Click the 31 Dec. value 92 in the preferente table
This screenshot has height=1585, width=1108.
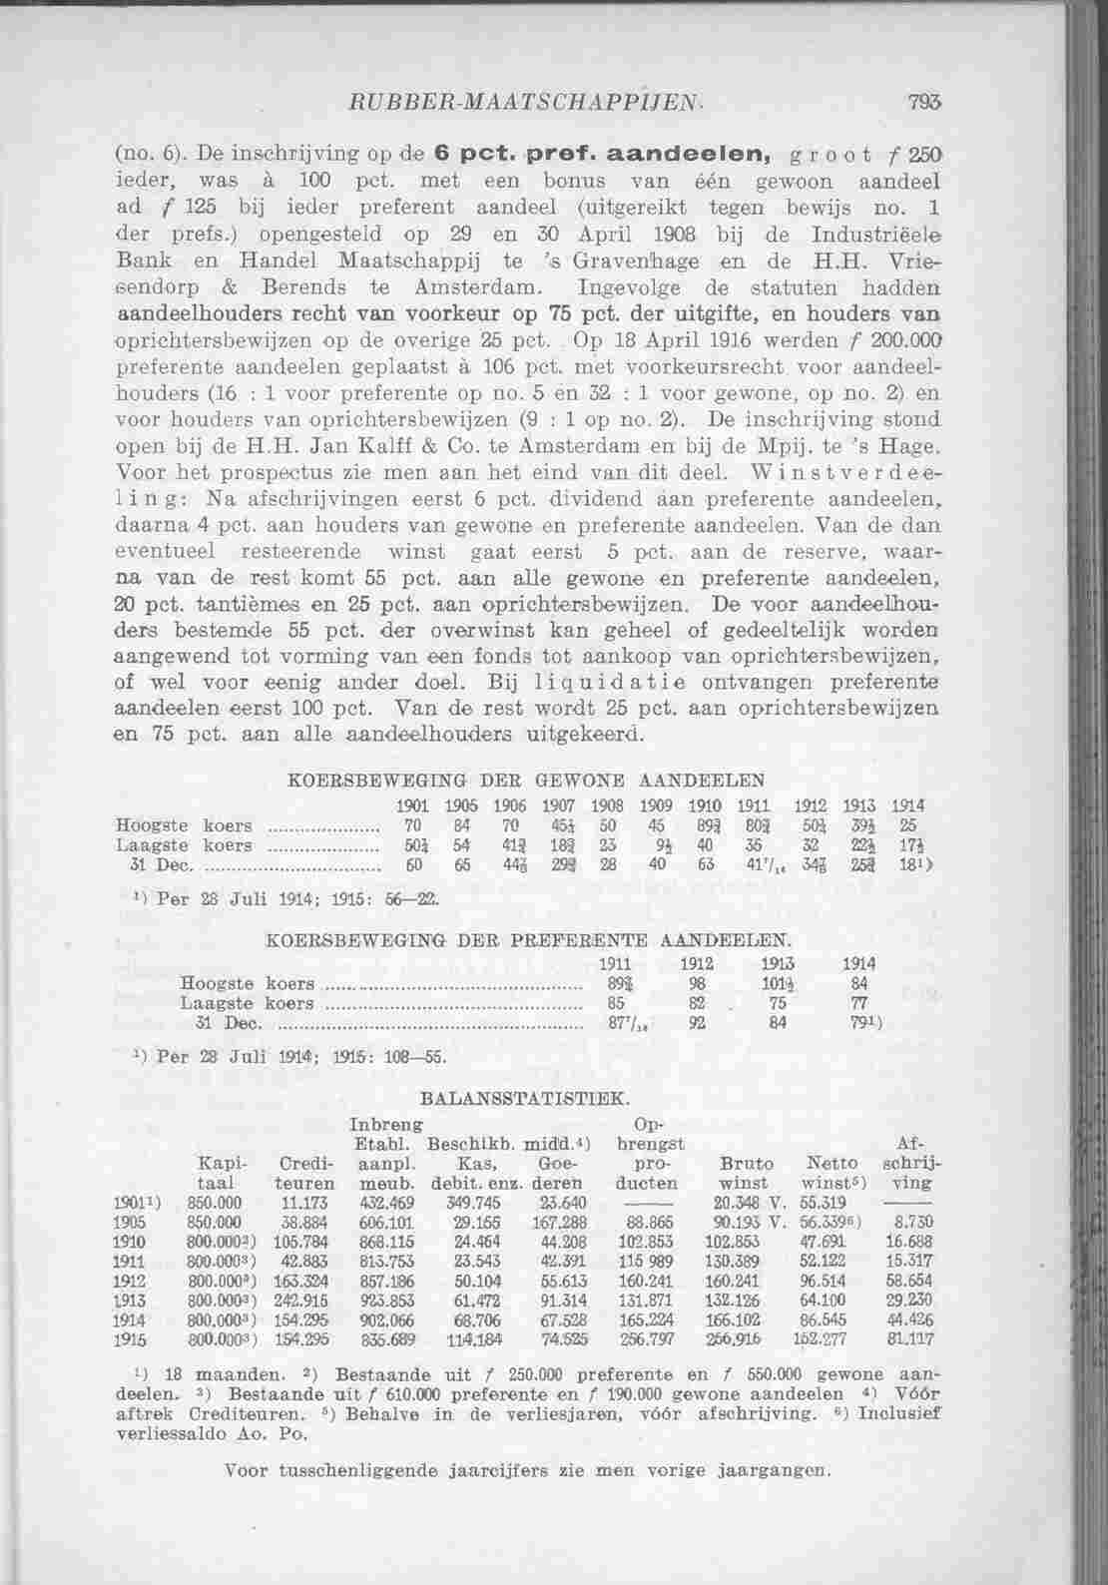pos(698,1023)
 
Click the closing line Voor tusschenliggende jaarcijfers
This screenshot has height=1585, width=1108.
pos(526,1470)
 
